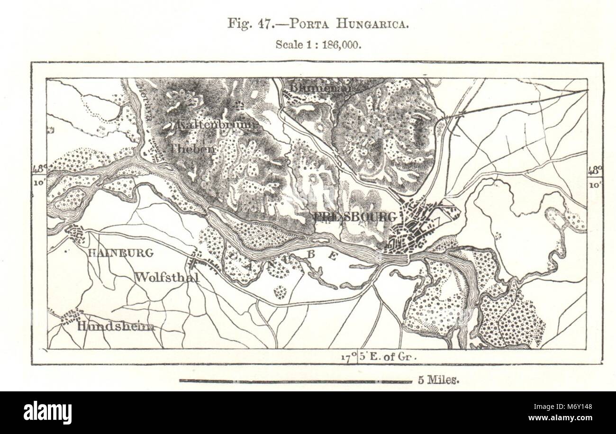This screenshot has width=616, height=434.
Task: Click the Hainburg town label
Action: (121, 253)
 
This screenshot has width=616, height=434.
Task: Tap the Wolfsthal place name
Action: (166, 277)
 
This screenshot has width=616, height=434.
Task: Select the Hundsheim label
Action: (115, 326)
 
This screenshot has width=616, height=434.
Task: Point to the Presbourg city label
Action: (354, 217)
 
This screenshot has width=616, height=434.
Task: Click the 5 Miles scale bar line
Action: (295, 381)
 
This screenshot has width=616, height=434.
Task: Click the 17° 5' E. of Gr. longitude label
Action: (378, 356)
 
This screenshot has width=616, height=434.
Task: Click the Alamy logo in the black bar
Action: (47, 412)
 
